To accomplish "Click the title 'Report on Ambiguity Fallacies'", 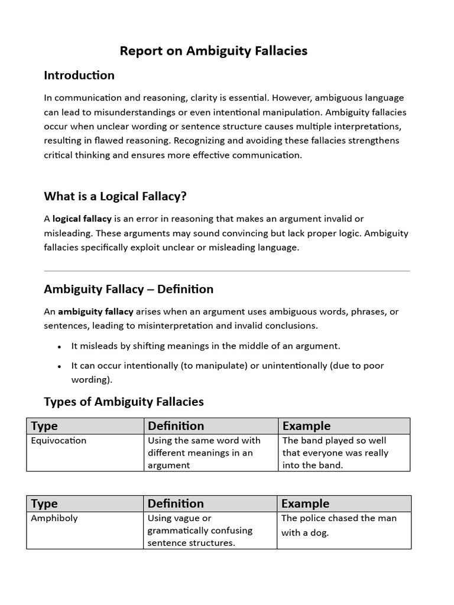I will tap(213, 51).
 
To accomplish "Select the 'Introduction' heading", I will tap(79, 76).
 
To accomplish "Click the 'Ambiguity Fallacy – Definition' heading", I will tap(128, 290).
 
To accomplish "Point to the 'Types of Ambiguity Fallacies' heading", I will tap(124, 402).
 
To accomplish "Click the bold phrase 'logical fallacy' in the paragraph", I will tap(82, 219).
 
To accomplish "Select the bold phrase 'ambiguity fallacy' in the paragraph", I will tap(95, 311).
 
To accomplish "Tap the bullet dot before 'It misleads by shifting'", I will tap(60, 347).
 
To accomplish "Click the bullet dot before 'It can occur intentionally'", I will tap(60, 366).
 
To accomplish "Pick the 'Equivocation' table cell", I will tap(59, 441).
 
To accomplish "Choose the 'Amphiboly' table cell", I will tap(54, 518).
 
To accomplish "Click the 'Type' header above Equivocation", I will tap(44, 426).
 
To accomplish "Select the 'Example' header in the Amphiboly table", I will tap(305, 503).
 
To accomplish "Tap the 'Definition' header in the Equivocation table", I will tap(176, 426).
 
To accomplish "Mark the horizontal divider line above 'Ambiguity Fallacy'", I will tap(227, 271).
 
